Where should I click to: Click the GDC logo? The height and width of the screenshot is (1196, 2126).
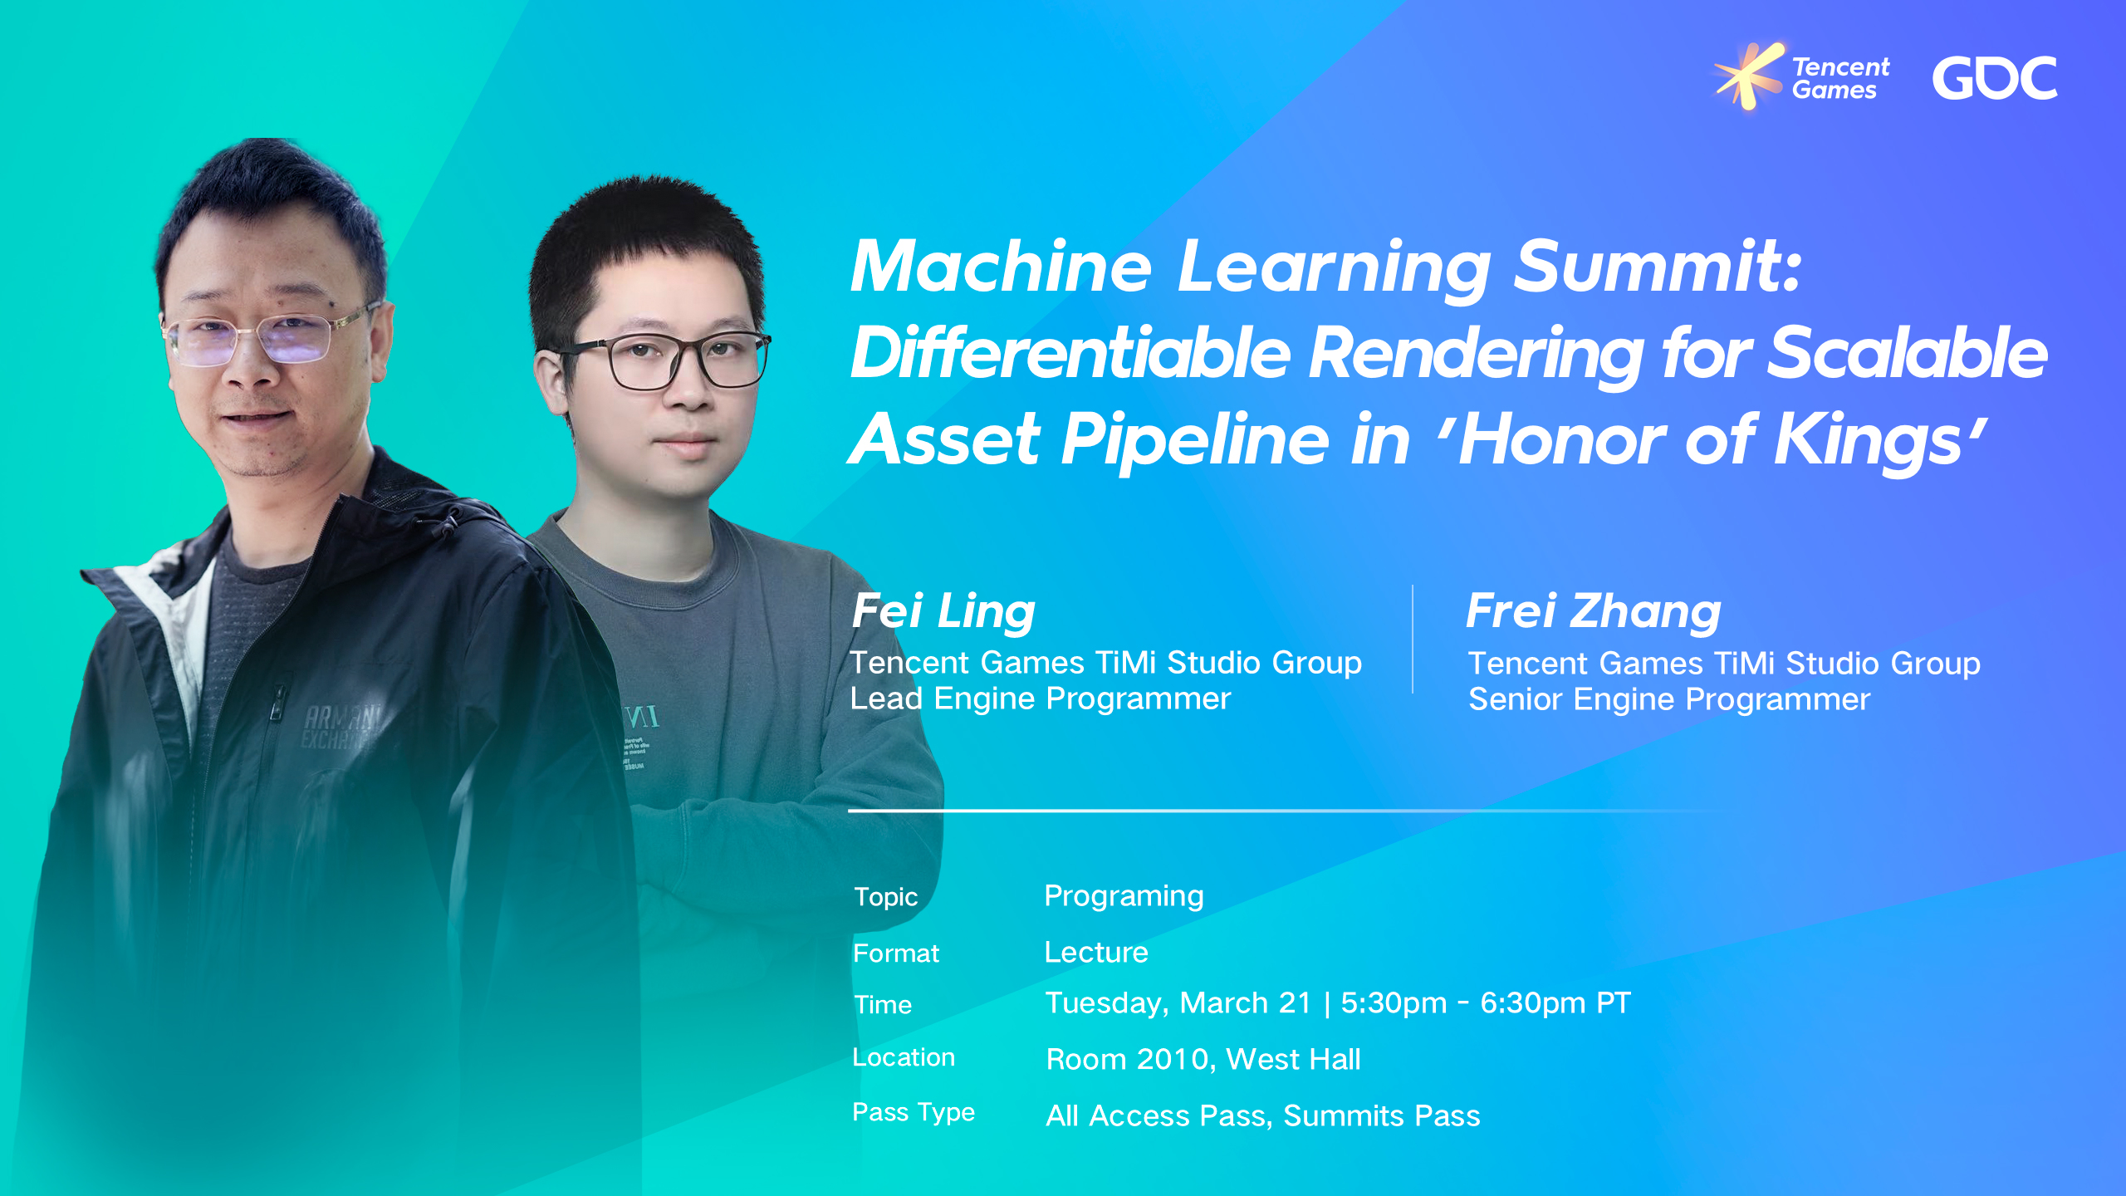(x=1995, y=79)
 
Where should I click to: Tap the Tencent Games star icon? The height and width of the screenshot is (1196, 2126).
(x=1748, y=75)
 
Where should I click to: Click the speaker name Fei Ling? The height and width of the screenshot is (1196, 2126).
(x=943, y=611)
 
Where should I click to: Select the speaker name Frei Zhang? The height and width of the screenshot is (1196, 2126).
(x=1593, y=611)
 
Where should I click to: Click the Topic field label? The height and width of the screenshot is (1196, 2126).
(x=885, y=897)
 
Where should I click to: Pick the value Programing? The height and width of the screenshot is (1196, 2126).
(x=1124, y=896)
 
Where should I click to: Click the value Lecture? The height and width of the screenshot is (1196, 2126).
(x=1096, y=953)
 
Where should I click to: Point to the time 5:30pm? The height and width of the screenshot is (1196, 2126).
(x=1394, y=1003)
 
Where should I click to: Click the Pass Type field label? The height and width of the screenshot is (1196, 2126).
(x=914, y=1112)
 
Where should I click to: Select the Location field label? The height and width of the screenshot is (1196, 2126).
(x=904, y=1057)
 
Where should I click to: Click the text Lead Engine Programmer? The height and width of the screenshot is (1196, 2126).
(x=1040, y=699)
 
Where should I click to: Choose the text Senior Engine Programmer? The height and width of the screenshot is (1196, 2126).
(x=1669, y=700)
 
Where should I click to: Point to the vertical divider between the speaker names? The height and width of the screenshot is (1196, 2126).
(x=1413, y=640)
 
